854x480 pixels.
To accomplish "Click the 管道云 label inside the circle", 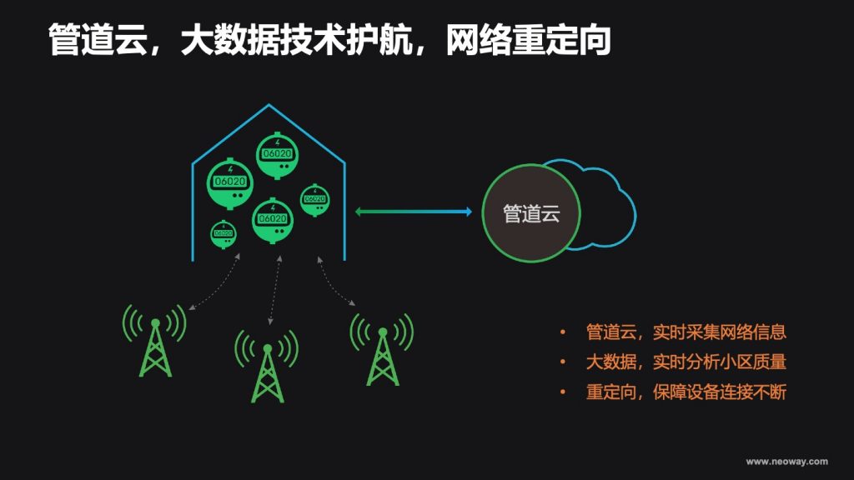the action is point(531,214).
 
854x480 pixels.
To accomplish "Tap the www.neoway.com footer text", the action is point(786,462).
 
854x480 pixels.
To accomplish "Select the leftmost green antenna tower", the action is point(155,341).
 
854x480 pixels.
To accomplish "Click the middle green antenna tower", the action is point(267,367).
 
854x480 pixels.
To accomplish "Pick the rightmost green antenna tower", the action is point(382,349).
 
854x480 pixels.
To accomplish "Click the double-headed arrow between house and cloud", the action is point(414,212).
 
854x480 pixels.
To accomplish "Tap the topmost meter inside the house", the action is point(277,155).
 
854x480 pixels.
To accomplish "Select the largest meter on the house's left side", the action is point(230,183).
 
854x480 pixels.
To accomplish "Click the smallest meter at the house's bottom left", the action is point(224,234).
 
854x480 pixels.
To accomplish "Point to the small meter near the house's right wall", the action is point(314,200).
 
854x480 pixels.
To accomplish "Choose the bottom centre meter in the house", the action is point(273,220).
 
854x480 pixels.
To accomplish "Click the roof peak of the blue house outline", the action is point(269,104).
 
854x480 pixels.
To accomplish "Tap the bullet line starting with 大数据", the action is point(686,362).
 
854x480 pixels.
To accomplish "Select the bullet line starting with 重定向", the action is point(686,392).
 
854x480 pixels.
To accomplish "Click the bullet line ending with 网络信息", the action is point(686,332).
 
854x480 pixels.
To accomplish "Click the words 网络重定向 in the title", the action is point(528,40).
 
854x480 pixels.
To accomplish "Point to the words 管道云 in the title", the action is point(98,40).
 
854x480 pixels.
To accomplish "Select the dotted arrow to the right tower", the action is point(335,281).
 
